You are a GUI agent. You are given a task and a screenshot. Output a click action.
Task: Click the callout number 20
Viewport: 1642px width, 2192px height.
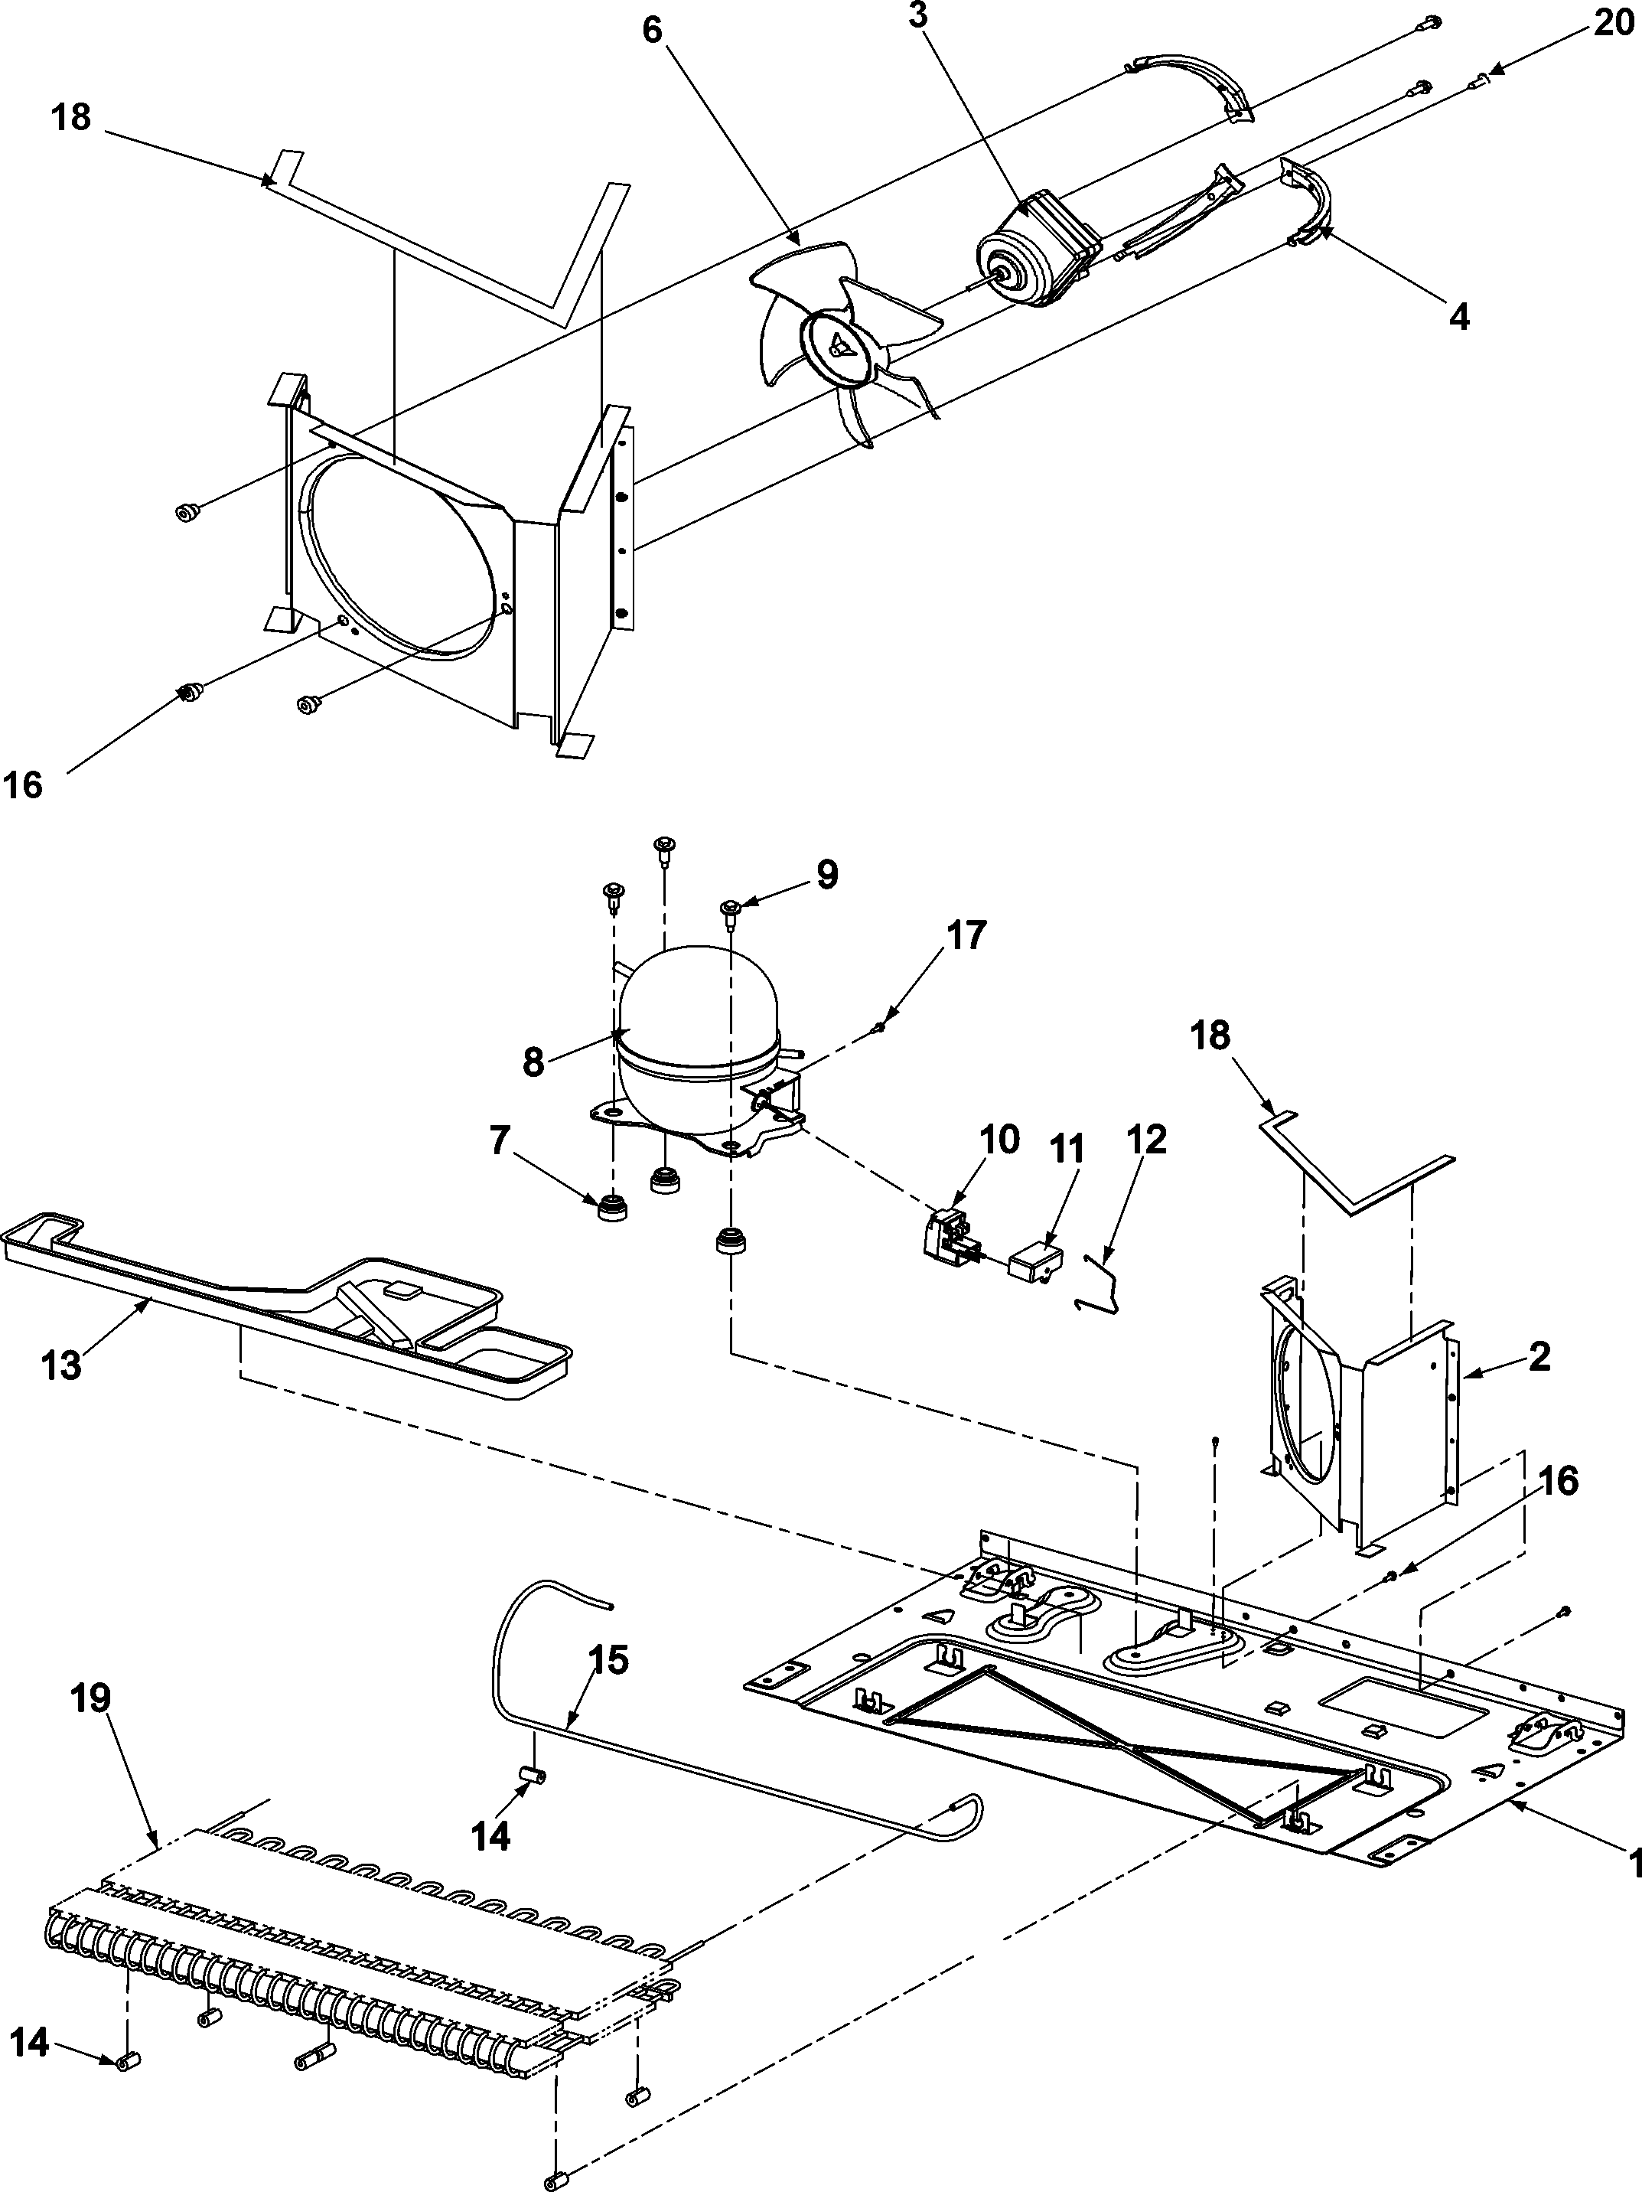coord(1612,21)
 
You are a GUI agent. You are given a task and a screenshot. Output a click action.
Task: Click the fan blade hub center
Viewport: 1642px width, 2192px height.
coord(839,346)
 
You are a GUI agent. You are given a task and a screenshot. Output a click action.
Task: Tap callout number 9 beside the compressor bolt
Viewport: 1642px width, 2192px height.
coord(827,874)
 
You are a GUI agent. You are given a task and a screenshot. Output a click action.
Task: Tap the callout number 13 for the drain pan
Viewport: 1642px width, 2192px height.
coord(60,1365)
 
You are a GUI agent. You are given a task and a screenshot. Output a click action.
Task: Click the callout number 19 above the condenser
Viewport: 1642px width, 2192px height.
coord(91,1698)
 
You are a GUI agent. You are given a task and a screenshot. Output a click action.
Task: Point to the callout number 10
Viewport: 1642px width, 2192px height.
coord(1000,1140)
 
